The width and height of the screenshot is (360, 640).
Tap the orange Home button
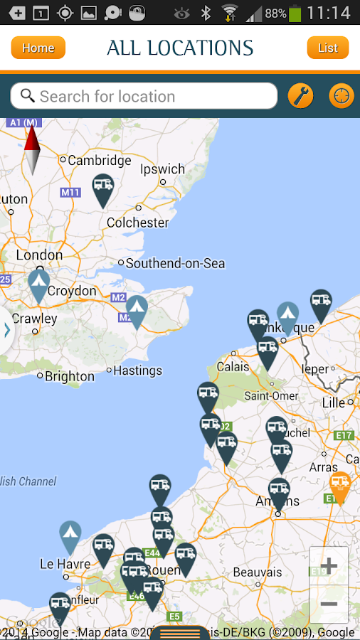[x=38, y=48]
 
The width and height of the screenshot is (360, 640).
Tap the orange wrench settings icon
[x=301, y=96]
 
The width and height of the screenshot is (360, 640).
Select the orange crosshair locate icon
[x=342, y=96]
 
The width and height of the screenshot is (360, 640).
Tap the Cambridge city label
[x=99, y=160]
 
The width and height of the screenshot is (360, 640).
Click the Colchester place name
[x=137, y=223]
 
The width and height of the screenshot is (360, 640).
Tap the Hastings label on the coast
[x=138, y=370]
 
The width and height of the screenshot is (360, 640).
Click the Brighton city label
[x=69, y=376]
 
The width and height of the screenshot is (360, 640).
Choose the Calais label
[x=233, y=366]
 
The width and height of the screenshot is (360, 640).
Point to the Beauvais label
[x=258, y=572]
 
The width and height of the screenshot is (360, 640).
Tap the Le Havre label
[x=65, y=564]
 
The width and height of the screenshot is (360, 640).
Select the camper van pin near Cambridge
[x=103, y=188]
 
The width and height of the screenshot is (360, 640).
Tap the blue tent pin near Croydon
[x=38, y=284]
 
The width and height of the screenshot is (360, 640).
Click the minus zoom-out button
[x=329, y=604]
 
